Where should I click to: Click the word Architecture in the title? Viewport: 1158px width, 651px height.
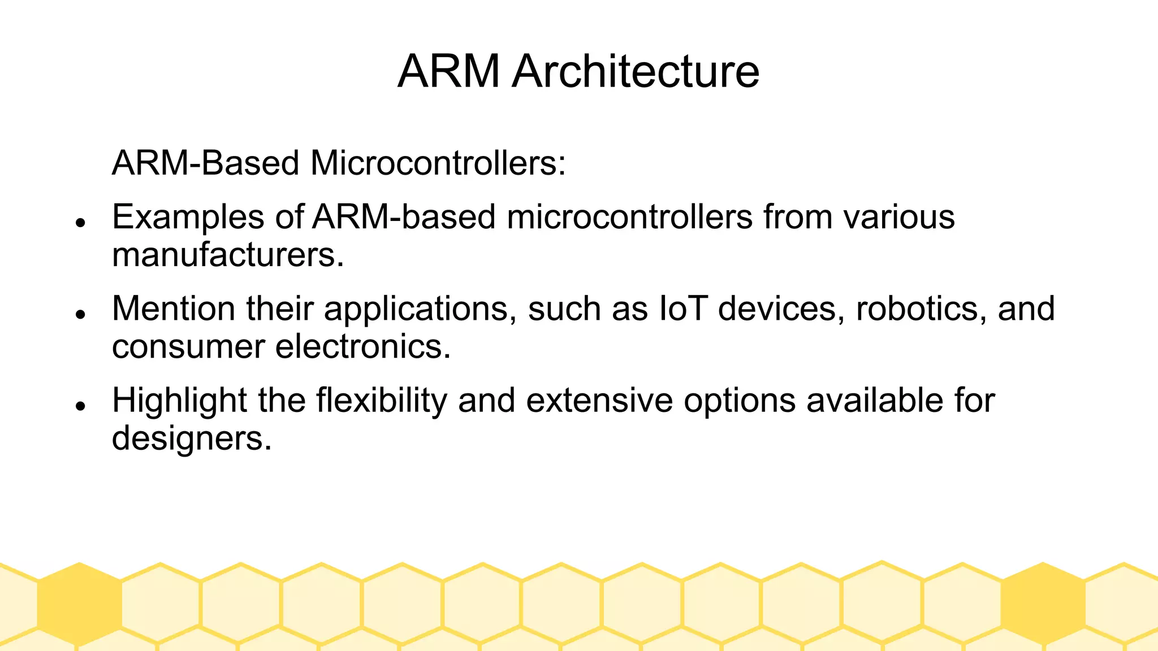[636, 72]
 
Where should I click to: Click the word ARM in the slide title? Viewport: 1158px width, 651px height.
[448, 72]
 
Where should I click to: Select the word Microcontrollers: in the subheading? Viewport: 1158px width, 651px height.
[438, 163]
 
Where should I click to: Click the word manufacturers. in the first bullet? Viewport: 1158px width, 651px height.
[228, 255]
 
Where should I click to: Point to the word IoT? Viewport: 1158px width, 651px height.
[683, 309]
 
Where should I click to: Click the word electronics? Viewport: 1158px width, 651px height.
[363, 346]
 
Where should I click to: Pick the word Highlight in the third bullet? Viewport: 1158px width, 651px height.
[179, 401]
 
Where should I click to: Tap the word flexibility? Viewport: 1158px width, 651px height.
[381, 401]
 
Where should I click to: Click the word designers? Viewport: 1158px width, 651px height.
[192, 438]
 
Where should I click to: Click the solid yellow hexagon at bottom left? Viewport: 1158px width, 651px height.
[79, 604]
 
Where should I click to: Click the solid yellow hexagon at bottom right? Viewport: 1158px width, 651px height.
[1043, 604]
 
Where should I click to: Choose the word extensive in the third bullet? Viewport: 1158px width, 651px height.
[599, 401]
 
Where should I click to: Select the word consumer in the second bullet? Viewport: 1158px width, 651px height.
[188, 346]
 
